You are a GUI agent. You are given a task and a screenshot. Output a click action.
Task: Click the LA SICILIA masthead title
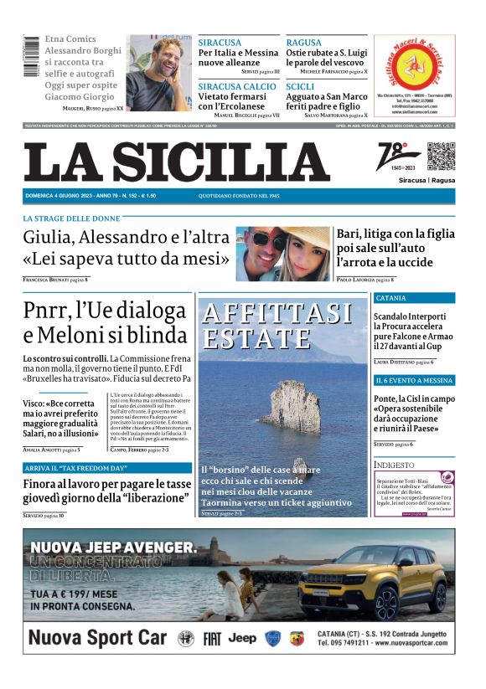click(x=177, y=162)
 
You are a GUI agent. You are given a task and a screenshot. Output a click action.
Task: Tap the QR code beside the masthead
click(x=441, y=157)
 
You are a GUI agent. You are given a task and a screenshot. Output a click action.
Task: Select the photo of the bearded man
click(x=158, y=73)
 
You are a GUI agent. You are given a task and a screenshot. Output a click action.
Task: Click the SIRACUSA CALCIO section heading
click(x=237, y=87)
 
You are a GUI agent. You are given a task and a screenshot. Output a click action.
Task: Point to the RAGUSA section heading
click(x=303, y=42)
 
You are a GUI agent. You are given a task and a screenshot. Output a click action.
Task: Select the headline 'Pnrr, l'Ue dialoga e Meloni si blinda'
click(x=106, y=322)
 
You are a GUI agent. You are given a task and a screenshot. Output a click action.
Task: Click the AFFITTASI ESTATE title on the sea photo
click(x=277, y=326)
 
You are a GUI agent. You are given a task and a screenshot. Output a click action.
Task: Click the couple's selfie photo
click(x=282, y=253)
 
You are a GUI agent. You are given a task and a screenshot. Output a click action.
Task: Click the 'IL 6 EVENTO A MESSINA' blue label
click(x=414, y=380)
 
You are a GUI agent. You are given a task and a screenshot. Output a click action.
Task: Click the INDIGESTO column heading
click(x=394, y=464)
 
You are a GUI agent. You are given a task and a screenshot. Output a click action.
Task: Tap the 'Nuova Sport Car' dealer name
click(x=98, y=638)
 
